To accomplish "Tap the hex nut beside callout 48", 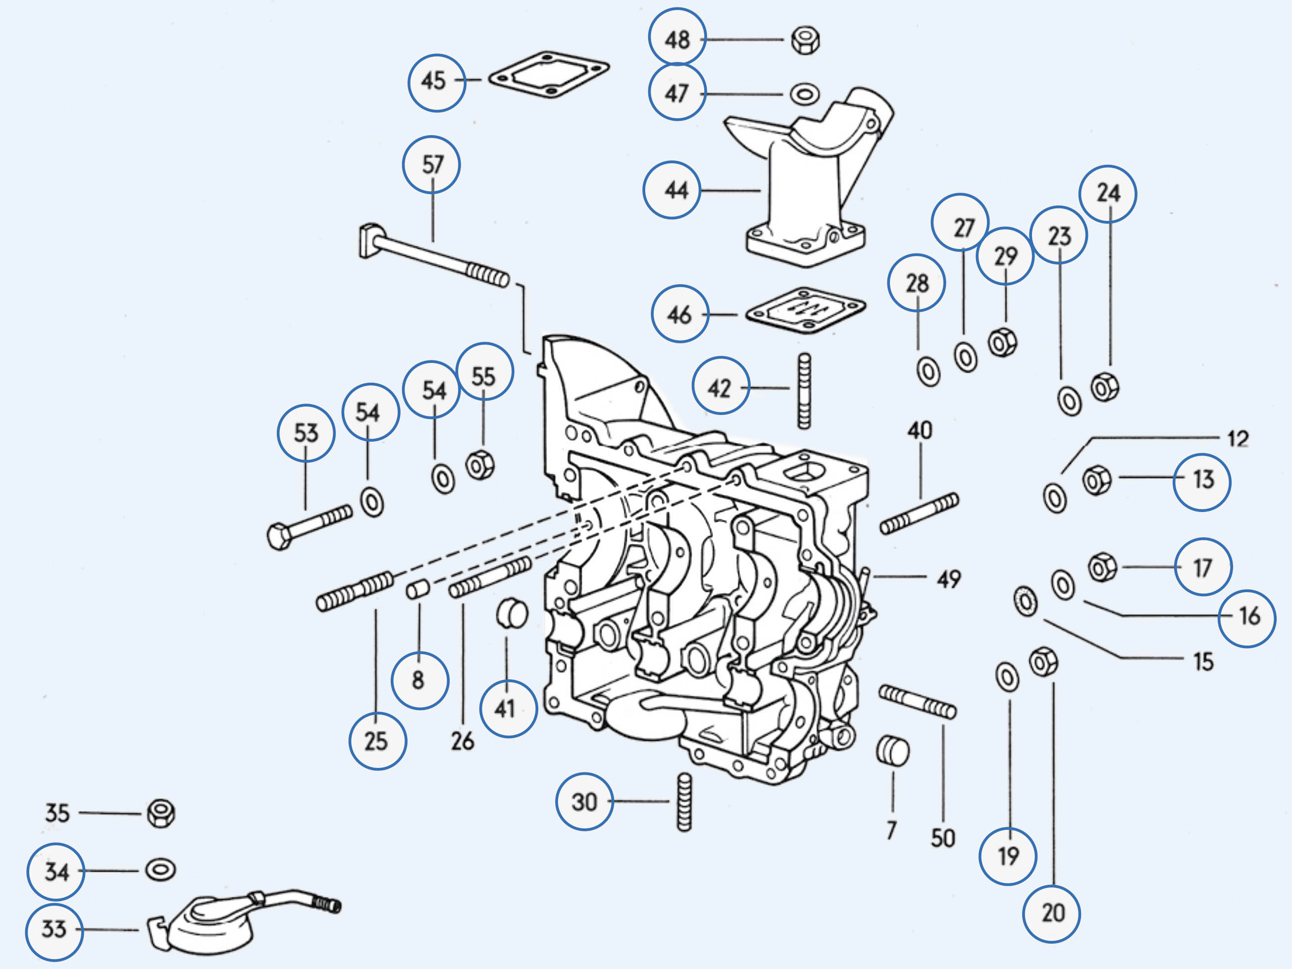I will pyautogui.click(x=805, y=40).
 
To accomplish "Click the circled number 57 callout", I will pyautogui.click(x=432, y=165).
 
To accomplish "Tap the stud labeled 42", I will pyautogui.click(x=804, y=391).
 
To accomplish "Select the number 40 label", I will pyautogui.click(x=919, y=431).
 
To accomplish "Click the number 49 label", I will pyautogui.click(x=948, y=579).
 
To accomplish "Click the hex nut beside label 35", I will pyautogui.click(x=160, y=813).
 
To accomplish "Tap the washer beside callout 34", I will pyautogui.click(x=160, y=869).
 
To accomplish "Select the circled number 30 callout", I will pyautogui.click(x=584, y=801).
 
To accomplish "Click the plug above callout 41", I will pyautogui.click(x=512, y=613).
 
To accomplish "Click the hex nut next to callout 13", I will pyautogui.click(x=1096, y=480).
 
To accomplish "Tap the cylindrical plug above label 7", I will pyautogui.click(x=893, y=751).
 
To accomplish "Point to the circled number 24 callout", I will pyautogui.click(x=1108, y=193).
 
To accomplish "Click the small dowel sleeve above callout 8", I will pyautogui.click(x=418, y=589).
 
